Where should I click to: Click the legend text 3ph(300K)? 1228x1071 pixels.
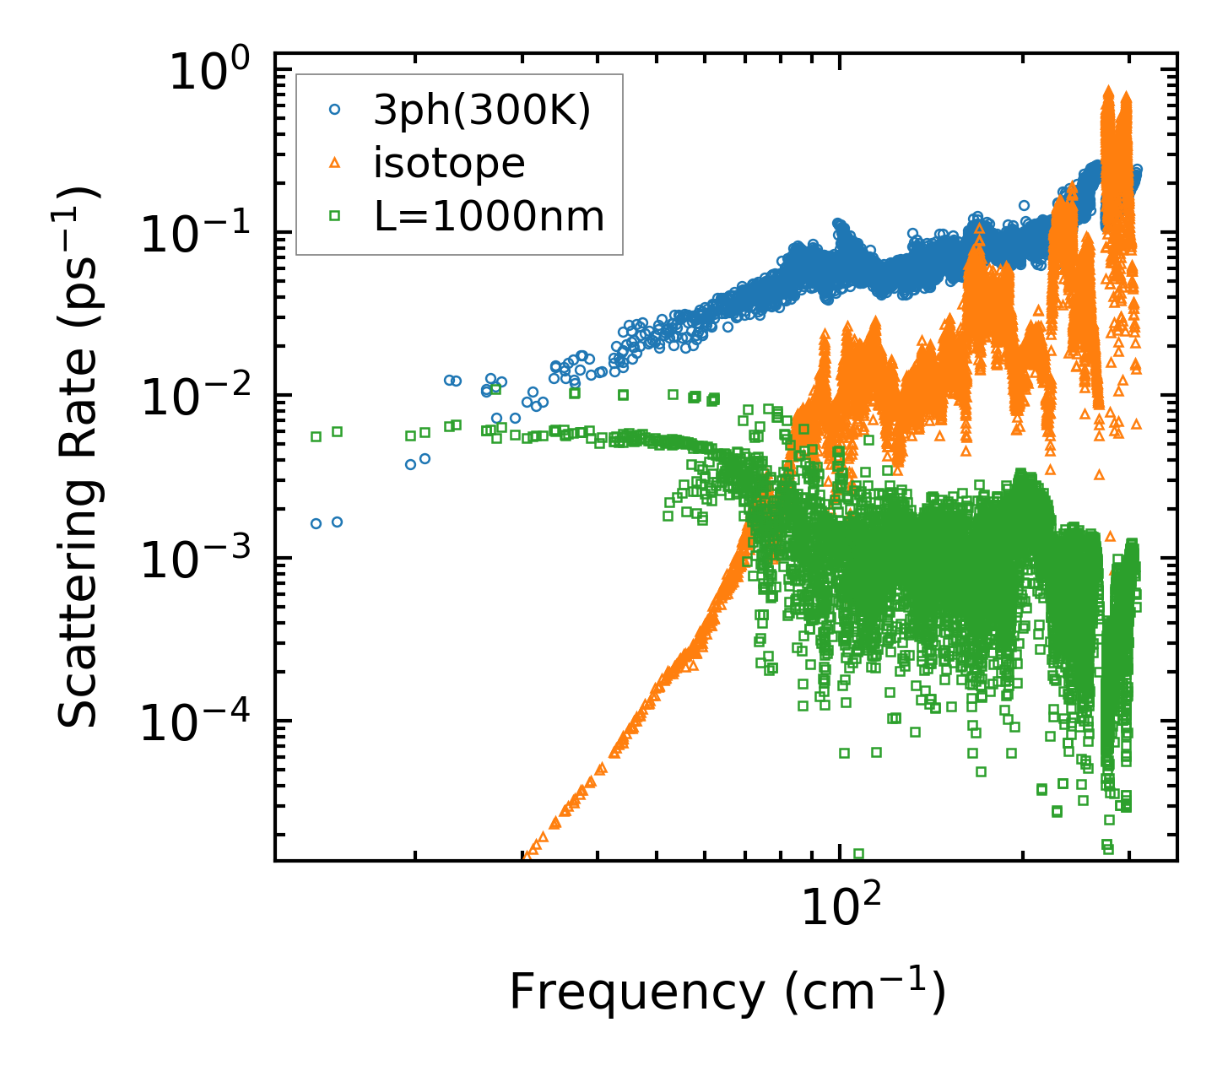[x=482, y=111]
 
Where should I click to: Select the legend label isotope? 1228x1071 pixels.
[x=449, y=163]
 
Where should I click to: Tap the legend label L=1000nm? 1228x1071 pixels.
[x=489, y=217]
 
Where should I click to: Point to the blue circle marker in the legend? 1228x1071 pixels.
[x=334, y=110]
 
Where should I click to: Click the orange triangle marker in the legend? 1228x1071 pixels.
[x=334, y=163]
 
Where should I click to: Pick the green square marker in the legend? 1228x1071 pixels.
[x=334, y=216]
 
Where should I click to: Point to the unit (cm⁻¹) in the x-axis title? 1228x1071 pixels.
[x=864, y=992]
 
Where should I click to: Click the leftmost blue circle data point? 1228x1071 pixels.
[x=316, y=523]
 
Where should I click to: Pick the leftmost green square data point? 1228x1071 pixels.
[x=316, y=436]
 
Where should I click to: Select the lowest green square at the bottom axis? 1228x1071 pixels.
[x=859, y=854]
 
